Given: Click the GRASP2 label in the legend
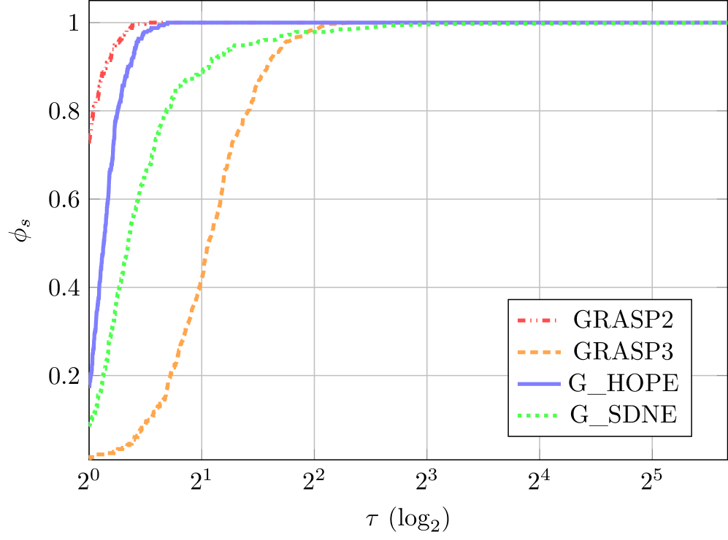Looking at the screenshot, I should click(x=622, y=320).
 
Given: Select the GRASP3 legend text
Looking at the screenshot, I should click(x=622, y=352).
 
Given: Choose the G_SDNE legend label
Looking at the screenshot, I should click(x=624, y=415).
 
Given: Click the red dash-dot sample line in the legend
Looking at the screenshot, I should click(x=536, y=320).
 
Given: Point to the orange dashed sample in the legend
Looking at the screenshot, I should click(x=536, y=352).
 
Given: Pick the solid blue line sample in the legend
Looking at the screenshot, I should click(x=536, y=384).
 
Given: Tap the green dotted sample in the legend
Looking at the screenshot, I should click(x=536, y=415).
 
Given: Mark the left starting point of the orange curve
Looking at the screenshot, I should click(x=90, y=457).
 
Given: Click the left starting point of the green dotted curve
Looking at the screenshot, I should click(x=89, y=425).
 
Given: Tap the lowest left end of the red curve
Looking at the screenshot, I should click(x=89, y=142).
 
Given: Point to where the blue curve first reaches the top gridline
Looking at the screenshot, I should click(x=169, y=23).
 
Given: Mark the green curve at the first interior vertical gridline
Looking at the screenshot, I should click(x=202, y=71).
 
